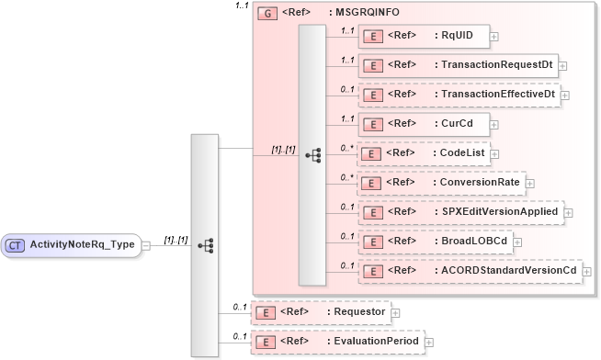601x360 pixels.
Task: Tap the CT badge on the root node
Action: click(x=16, y=245)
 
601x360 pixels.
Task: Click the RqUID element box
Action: click(x=423, y=37)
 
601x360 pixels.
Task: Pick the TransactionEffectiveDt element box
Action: click(x=459, y=95)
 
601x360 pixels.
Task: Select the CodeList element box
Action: click(x=423, y=153)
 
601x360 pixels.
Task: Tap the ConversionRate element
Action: click(x=440, y=183)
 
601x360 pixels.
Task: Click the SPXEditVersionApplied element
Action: click(x=460, y=212)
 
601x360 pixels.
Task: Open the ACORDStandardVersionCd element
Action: click(x=470, y=271)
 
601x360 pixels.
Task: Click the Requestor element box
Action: click(x=321, y=312)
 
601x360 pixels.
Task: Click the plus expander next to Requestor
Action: click(x=396, y=313)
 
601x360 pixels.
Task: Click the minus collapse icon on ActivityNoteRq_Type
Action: click(x=146, y=246)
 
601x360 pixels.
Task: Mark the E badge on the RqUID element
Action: click(x=374, y=37)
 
